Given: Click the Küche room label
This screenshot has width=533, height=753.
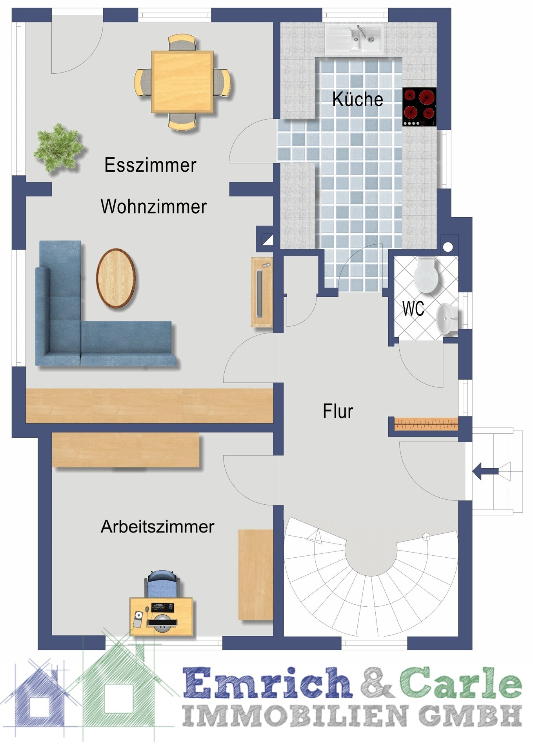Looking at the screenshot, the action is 357,99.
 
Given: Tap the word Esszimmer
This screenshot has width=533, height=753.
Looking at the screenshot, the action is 150,165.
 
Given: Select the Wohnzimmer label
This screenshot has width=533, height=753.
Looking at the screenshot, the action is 153,207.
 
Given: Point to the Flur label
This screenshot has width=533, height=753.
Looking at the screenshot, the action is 338,411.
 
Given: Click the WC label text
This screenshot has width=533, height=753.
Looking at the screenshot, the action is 413,309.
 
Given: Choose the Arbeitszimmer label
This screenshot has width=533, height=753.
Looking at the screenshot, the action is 157,526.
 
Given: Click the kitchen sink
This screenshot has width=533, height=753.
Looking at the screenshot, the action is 354,39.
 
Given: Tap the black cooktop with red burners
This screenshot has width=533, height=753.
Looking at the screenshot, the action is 419,107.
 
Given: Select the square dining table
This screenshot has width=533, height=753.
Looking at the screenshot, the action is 182,82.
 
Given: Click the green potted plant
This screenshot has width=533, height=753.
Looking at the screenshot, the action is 59,148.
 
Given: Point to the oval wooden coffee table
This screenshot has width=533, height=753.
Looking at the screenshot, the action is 116,278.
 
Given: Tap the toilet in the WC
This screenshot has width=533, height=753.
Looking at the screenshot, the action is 426,275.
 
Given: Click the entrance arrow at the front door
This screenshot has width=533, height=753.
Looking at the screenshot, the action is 486,471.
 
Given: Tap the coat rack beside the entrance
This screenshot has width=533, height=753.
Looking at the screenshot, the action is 426,424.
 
